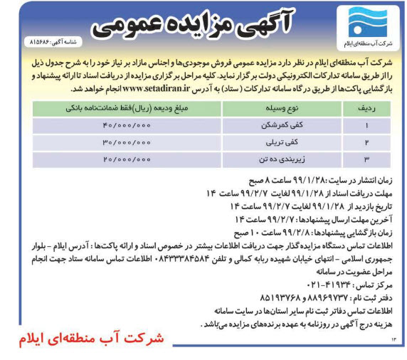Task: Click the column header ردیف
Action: [363, 108]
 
